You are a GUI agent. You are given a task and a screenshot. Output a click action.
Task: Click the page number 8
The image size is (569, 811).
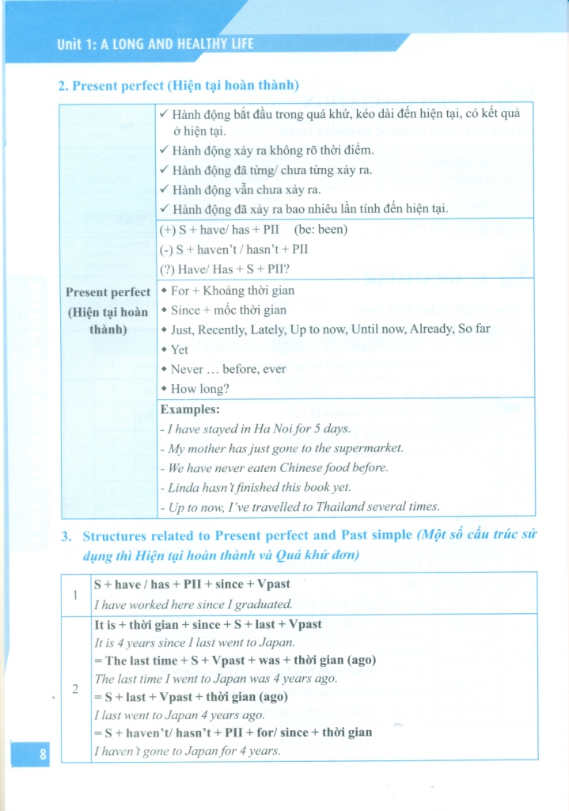click(x=43, y=754)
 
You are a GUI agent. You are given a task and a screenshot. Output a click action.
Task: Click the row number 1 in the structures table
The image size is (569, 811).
click(x=76, y=593)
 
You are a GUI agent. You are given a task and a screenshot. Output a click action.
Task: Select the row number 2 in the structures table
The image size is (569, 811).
click(x=76, y=688)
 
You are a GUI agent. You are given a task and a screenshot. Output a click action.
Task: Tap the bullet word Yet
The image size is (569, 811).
click(x=180, y=349)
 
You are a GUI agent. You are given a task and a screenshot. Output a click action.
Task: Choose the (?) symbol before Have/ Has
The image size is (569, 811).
click(x=167, y=268)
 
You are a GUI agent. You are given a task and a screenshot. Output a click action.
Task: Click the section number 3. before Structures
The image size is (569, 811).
click(x=66, y=536)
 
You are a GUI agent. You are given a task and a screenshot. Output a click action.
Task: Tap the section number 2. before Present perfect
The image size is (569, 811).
click(x=63, y=85)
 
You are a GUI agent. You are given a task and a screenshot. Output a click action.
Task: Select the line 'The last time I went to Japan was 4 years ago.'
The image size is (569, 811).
click(x=216, y=679)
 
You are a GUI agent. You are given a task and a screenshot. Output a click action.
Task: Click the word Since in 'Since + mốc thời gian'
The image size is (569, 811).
click(x=185, y=310)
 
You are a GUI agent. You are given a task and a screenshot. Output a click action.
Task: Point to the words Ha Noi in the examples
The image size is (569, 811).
click(x=286, y=428)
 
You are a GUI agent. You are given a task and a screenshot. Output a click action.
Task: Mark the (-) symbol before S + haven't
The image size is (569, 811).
click(x=166, y=249)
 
